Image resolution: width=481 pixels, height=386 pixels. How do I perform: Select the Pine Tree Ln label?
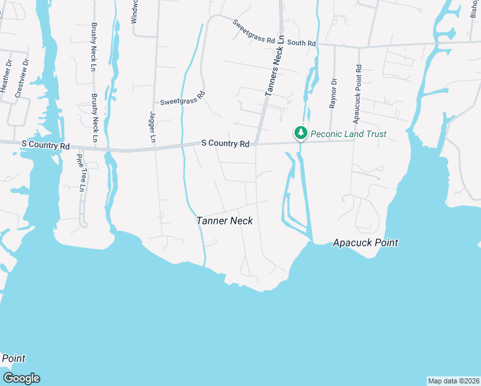click(80, 172)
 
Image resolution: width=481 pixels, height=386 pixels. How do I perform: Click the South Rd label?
click(302, 42)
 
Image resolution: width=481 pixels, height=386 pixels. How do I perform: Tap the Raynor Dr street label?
click(333, 93)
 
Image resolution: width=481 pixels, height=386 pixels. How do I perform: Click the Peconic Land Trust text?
click(349, 134)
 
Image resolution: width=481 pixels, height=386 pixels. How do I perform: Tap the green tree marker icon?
click(300, 133)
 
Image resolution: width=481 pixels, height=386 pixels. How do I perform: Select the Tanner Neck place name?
click(224, 221)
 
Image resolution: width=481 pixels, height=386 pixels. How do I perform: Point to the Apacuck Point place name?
click(365, 243)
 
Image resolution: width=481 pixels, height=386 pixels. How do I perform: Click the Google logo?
click(21, 378)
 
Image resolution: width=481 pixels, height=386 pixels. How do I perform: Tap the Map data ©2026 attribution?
click(453, 380)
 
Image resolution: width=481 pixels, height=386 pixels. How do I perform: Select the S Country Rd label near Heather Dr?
click(45, 146)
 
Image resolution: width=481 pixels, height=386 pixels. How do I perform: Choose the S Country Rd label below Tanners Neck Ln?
click(225, 144)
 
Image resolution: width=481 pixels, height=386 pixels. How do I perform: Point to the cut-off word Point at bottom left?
click(13, 358)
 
